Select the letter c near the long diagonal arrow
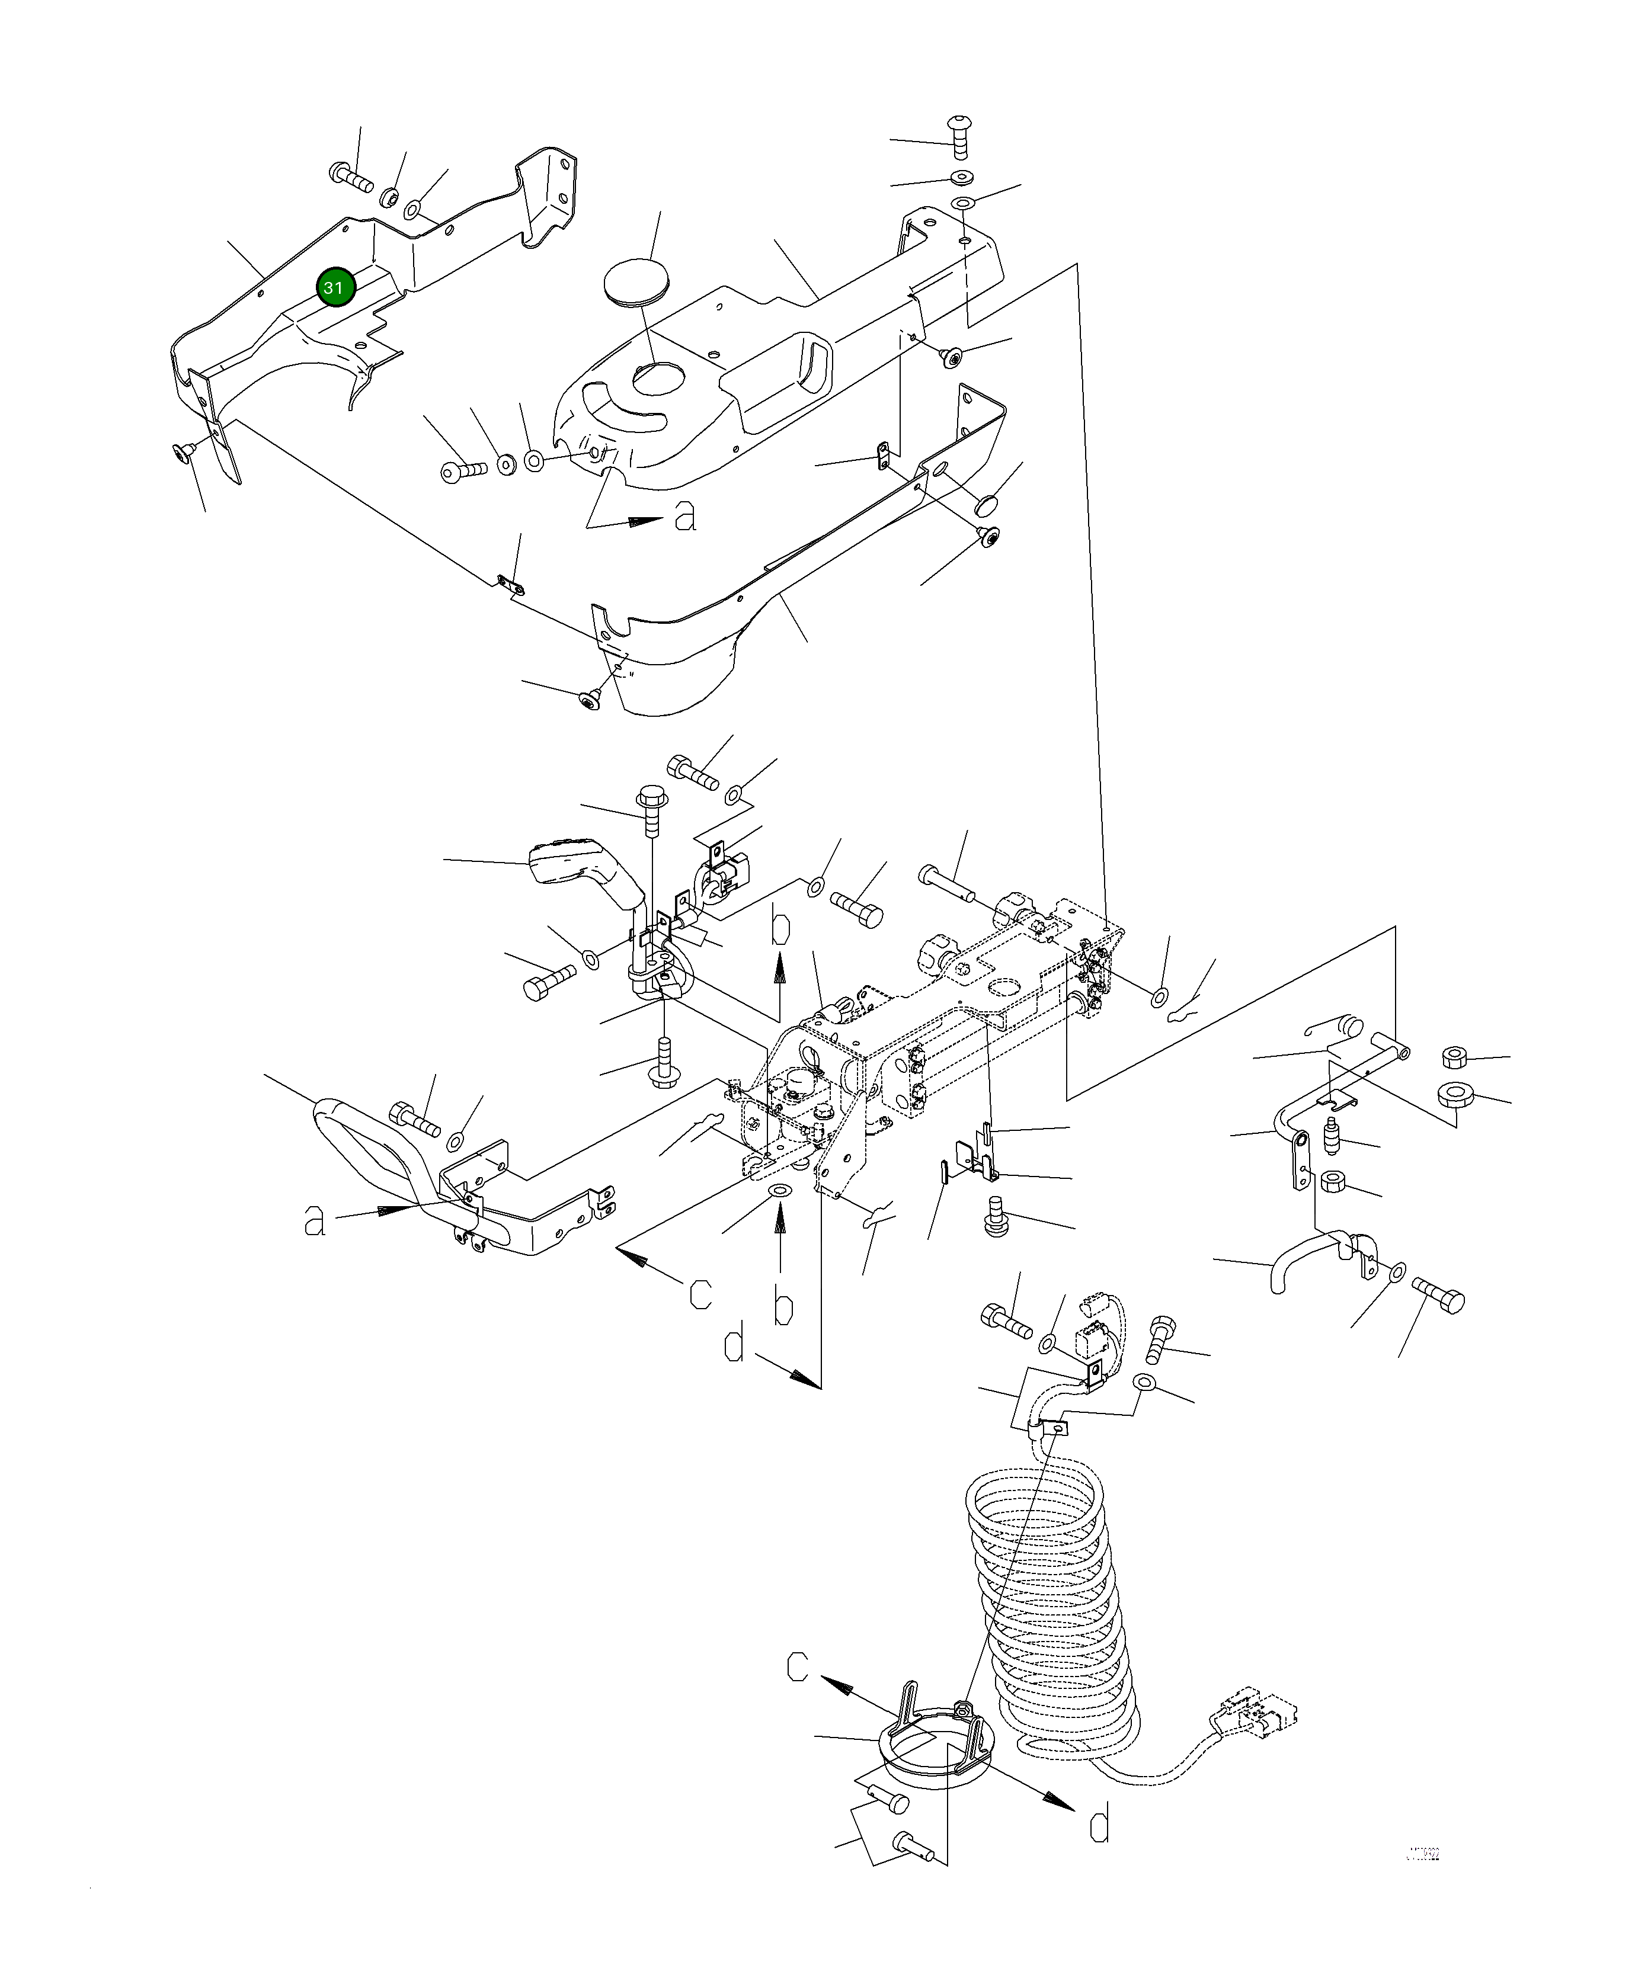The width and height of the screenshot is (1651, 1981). click(700, 1293)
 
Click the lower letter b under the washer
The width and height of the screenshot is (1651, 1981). click(783, 1307)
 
